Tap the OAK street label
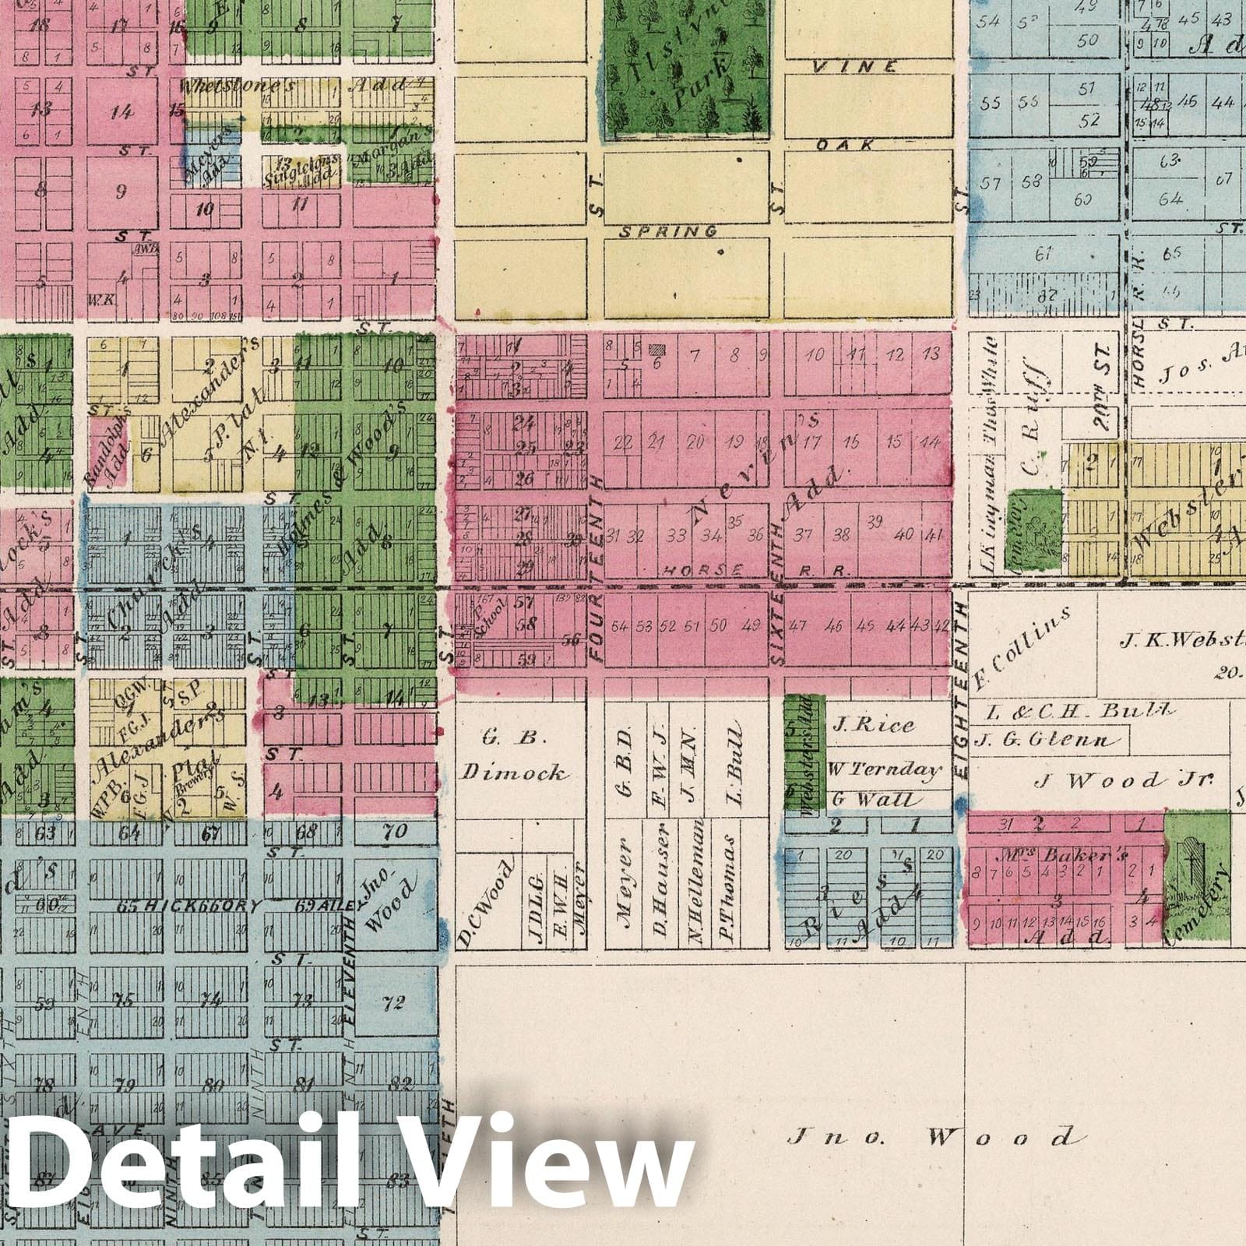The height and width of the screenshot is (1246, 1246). pyautogui.click(x=846, y=145)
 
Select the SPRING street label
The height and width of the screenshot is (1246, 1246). pyautogui.click(x=668, y=231)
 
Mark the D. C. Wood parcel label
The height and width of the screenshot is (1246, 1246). pyautogui.click(x=486, y=905)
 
